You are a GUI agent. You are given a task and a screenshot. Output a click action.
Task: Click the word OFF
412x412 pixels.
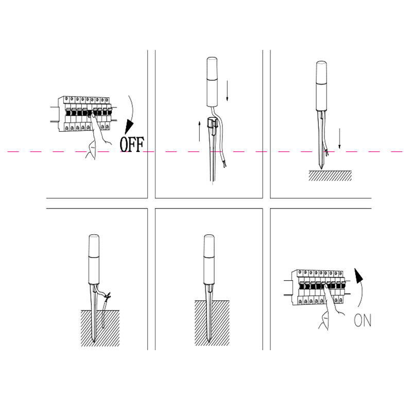132,144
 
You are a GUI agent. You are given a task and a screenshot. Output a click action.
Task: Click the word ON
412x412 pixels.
363,320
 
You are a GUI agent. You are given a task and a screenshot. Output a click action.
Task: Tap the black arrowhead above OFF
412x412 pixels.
129,127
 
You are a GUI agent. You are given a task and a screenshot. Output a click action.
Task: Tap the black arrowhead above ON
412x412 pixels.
358,276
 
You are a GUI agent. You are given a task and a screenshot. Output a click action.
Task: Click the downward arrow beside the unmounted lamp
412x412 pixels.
227,91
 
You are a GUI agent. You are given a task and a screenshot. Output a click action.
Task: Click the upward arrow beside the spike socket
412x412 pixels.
199,131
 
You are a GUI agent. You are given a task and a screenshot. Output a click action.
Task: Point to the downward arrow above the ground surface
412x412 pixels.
339,139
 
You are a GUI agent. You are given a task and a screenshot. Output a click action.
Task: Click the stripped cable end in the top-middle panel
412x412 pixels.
224,164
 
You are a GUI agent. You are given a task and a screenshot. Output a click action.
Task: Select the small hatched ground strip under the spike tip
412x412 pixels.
330,176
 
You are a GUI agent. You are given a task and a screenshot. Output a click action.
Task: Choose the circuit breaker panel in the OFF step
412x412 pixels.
84,113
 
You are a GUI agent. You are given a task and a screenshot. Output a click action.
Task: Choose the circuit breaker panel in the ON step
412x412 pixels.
317,287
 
